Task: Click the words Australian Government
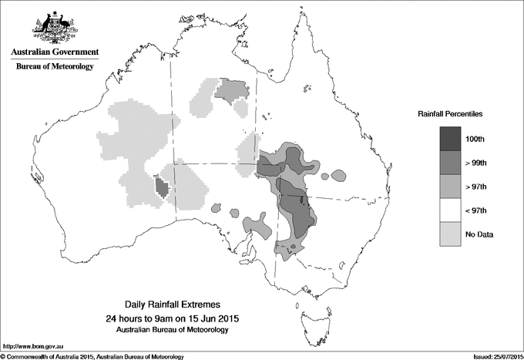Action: [x=54, y=52]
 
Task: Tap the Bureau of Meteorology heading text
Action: [x=54, y=66]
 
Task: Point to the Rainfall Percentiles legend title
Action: [x=450, y=114]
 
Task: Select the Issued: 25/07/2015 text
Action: [x=492, y=356]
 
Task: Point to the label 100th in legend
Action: [x=475, y=139]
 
